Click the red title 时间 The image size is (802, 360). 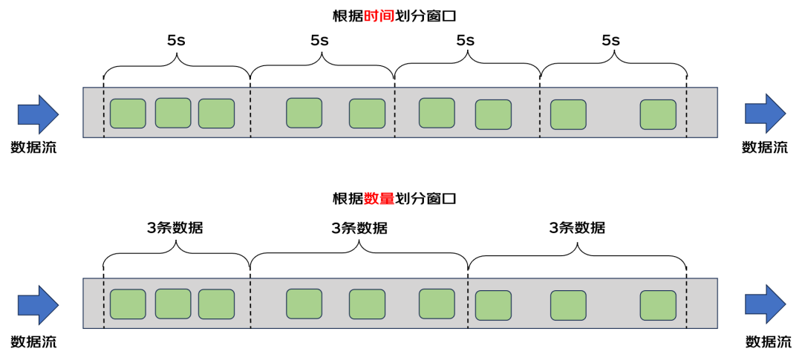(379, 16)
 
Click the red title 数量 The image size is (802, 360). (379, 198)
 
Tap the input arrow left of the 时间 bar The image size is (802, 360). (38, 114)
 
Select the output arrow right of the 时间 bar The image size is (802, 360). (765, 114)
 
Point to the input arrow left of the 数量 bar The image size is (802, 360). (38, 305)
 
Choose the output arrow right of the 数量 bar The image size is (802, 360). (765, 304)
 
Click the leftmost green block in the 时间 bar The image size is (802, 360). (128, 114)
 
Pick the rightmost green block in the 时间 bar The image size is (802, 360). (658, 114)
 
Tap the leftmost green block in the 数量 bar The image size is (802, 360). (128, 304)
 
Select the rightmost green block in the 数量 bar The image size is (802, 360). (658, 305)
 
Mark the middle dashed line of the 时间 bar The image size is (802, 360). (394, 113)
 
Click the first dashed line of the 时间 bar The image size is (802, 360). (104, 113)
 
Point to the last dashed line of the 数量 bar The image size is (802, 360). (686, 304)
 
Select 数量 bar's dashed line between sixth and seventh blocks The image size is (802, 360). (468, 304)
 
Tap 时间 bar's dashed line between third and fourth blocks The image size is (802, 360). (250, 113)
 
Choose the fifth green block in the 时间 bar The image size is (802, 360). (367, 114)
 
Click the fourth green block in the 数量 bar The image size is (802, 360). (304, 304)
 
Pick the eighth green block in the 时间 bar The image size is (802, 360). (568, 114)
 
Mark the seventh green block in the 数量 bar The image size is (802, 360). (493, 305)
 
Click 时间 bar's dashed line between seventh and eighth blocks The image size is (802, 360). (540, 113)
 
